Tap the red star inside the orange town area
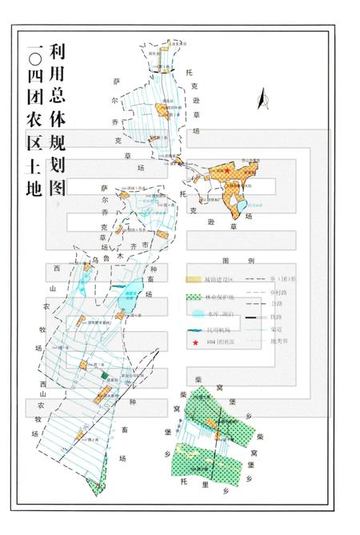(x=227, y=170)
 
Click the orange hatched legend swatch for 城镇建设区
(x=193, y=279)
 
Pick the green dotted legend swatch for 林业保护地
(x=193, y=297)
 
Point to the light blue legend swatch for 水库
(x=193, y=313)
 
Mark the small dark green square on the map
(x=104, y=376)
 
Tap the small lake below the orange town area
(x=241, y=209)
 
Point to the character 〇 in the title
(x=34, y=55)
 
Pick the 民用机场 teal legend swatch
(x=193, y=329)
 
